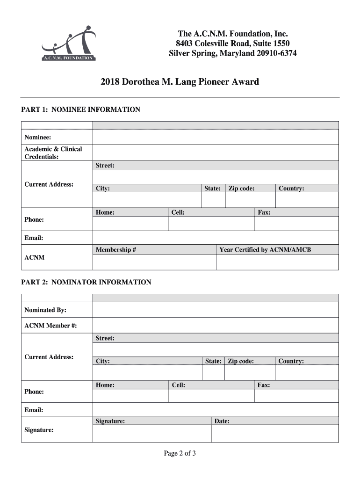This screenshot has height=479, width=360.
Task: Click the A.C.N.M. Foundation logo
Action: [x=69, y=44]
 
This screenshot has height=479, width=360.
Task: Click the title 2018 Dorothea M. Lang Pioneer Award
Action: [x=180, y=82]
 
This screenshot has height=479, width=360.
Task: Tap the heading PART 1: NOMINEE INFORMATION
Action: [x=81, y=109]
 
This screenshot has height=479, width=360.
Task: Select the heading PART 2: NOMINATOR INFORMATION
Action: [x=86, y=282]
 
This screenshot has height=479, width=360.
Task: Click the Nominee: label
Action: [x=38, y=137]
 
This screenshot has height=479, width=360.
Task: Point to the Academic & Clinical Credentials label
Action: [x=53, y=153]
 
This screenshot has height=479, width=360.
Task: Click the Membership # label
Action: [x=116, y=250]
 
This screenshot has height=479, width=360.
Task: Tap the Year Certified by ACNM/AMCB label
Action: [x=265, y=250]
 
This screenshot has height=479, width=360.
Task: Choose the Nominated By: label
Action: [x=45, y=310]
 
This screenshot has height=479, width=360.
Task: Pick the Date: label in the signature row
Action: [x=222, y=421]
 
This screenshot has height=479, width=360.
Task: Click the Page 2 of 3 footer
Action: [x=180, y=453]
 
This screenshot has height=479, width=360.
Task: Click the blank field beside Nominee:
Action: [x=216, y=137]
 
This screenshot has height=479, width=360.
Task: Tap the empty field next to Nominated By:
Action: [x=216, y=310]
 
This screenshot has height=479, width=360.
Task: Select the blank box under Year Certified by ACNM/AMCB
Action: [x=277, y=262]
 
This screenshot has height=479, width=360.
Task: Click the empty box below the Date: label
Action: [x=274, y=434]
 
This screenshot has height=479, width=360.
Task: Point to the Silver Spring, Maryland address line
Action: [x=232, y=53]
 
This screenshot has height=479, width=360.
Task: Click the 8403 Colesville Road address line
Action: [x=232, y=44]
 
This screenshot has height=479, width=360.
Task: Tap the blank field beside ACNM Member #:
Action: [x=216, y=326]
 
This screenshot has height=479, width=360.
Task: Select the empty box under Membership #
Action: [x=154, y=262]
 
